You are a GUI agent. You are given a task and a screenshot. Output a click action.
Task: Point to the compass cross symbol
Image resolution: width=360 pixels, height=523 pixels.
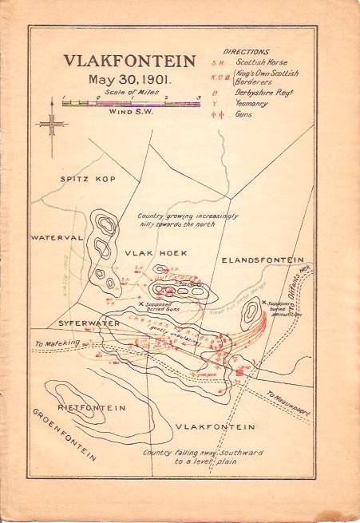pos(52,125)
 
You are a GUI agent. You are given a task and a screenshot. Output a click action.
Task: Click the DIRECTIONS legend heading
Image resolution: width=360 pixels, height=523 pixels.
pos(269,50)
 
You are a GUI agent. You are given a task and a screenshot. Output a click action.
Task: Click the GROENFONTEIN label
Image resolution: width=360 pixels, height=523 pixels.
pos(65,436)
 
